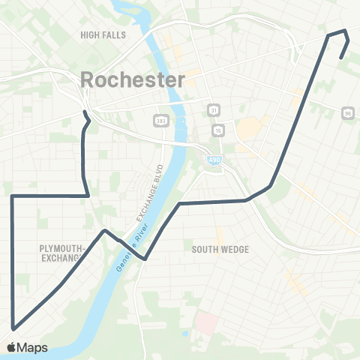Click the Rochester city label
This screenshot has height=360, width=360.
[132, 79]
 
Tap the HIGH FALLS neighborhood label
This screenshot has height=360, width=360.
[103, 34]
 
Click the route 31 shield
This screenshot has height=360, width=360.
[214, 109]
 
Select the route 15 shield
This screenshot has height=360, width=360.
[218, 130]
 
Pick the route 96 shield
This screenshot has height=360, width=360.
[346, 112]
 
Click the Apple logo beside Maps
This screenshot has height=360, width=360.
[12, 347]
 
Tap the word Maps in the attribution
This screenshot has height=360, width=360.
[33, 347]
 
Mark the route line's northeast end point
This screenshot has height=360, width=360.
[341, 58]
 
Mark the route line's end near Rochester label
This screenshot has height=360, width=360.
[84, 112]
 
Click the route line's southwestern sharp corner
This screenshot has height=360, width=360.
[13, 328]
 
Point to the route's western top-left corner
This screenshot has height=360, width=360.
[12, 196]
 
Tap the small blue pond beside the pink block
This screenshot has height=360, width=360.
[185, 332]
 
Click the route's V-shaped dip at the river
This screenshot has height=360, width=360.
[144, 259]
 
